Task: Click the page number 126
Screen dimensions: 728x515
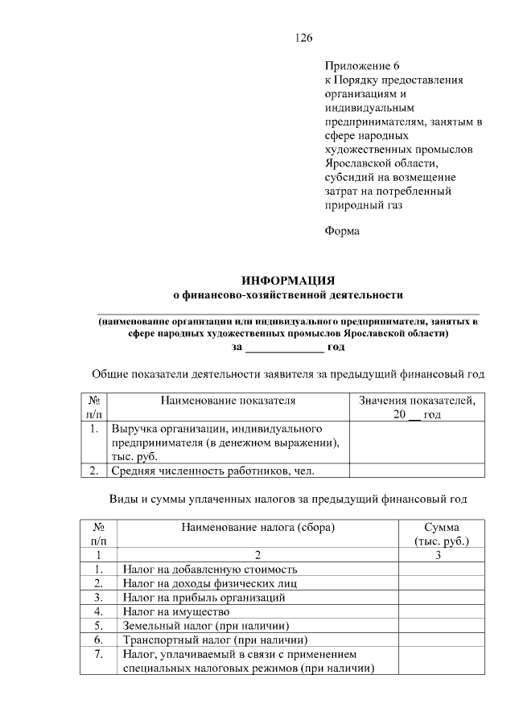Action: [303, 38]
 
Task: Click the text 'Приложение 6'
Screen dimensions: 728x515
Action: [361, 65]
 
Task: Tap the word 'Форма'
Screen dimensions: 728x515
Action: [342, 232]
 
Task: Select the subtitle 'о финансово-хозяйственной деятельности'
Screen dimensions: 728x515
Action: [288, 294]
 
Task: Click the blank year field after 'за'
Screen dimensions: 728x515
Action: [284, 348]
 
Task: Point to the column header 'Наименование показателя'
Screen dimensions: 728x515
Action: [228, 400]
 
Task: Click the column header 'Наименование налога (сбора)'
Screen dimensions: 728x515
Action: [257, 528]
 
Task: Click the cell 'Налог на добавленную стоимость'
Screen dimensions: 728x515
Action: [210, 569]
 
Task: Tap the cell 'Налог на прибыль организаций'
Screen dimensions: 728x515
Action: [204, 598]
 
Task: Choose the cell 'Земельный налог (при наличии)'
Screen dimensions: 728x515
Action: [205, 626]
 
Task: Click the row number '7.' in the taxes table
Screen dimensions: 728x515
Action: [98, 655]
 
